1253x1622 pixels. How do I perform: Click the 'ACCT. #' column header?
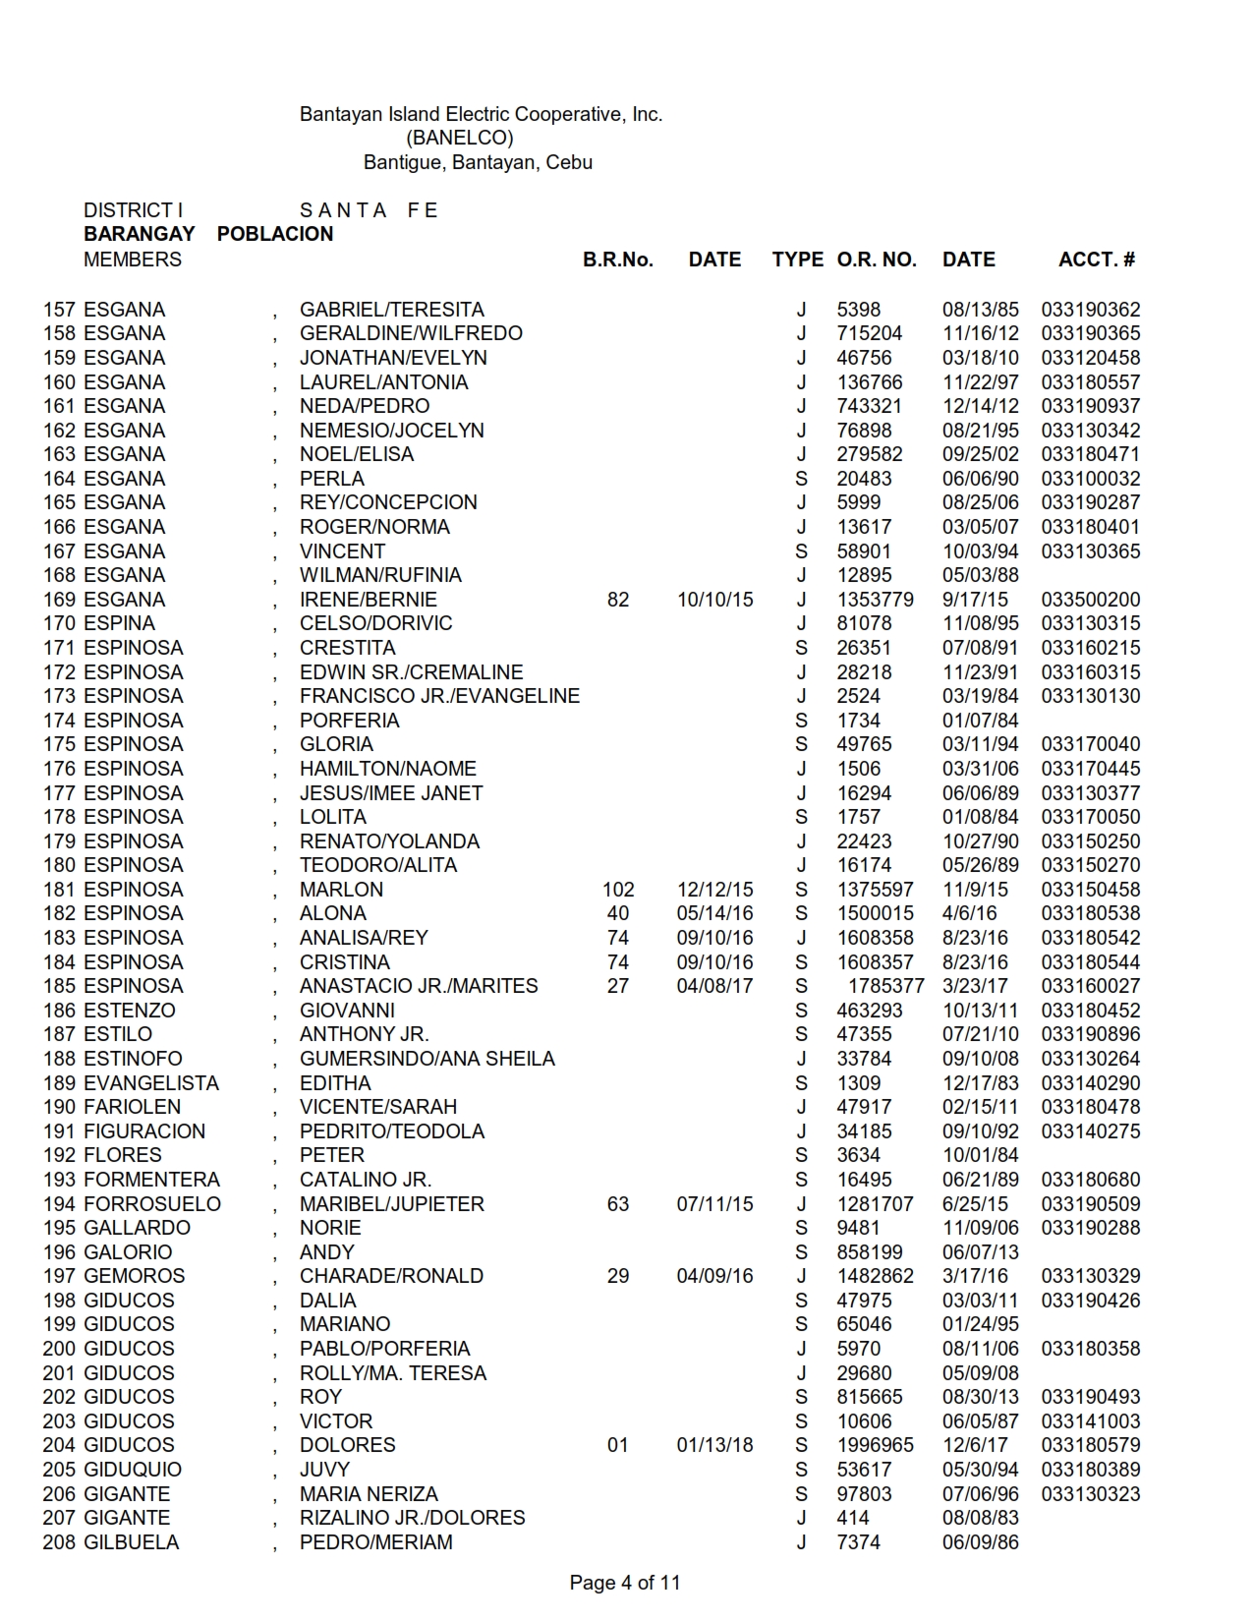[1096, 260]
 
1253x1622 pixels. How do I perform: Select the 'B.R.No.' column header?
[617, 260]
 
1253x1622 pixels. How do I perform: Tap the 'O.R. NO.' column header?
[876, 260]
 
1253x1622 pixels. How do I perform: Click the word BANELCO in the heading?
[459, 138]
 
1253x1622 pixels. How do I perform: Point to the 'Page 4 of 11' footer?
[624, 1583]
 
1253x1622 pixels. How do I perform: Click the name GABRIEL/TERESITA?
[391, 310]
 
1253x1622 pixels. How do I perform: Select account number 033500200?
[1090, 600]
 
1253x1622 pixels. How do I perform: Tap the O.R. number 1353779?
[875, 600]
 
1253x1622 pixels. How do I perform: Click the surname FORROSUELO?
[152, 1204]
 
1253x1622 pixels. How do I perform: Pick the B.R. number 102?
[618, 890]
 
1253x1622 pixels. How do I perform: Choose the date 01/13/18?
[714, 1445]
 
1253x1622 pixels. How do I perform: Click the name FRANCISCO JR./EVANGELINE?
[439, 696]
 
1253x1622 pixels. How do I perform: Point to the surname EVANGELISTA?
[151, 1083]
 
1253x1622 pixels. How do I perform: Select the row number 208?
[60, 1542]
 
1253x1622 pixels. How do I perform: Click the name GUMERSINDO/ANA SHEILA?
[427, 1059]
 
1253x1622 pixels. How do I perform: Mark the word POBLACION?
[275, 234]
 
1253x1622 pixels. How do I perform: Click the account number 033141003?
[1090, 1421]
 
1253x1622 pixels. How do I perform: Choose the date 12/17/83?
[980, 1083]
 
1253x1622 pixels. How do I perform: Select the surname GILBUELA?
[132, 1542]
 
